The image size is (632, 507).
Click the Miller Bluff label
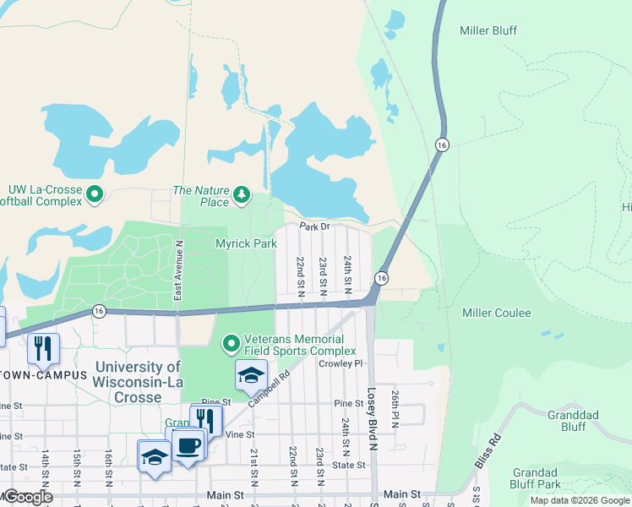tap(488, 30)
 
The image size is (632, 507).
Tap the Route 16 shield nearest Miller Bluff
tap(441, 145)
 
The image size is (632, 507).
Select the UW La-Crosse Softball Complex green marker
tap(94, 195)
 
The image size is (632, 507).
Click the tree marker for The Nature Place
tap(242, 195)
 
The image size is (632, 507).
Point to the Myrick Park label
tap(246, 243)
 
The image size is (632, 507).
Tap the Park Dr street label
tap(313, 227)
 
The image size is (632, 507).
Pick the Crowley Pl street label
tap(340, 363)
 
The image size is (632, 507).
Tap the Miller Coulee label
tap(497, 313)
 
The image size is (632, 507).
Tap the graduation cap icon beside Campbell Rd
tap(251, 375)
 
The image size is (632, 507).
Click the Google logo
tap(27, 497)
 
